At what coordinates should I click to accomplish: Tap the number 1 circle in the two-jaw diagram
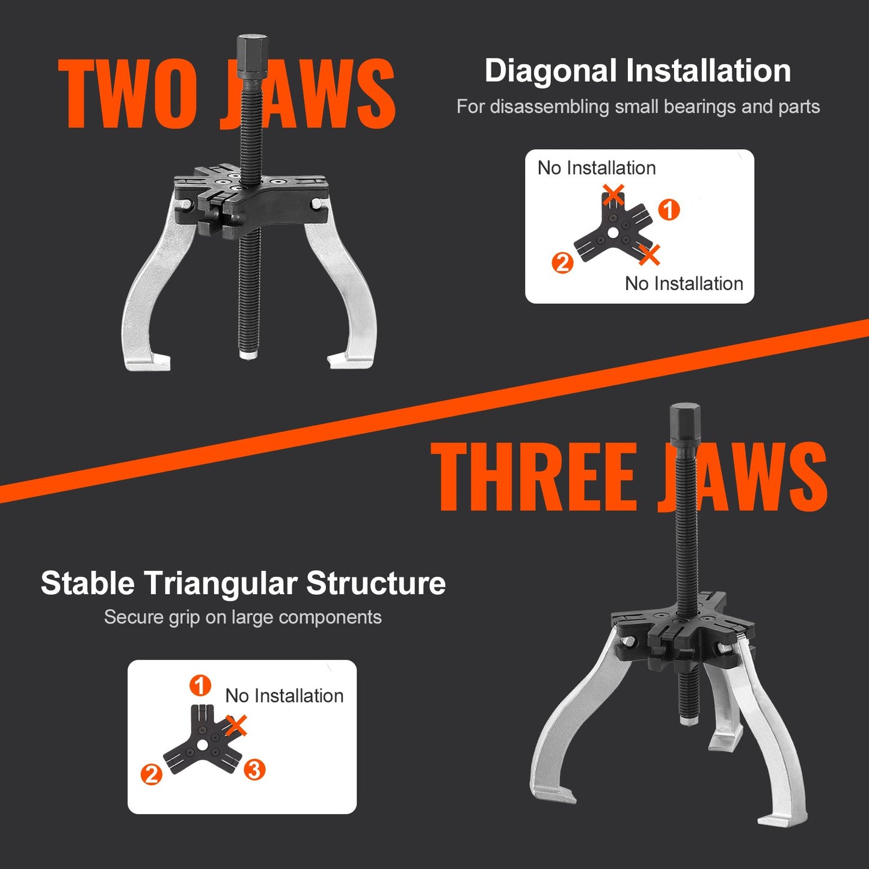[669, 210]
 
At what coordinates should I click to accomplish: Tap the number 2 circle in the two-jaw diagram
[562, 263]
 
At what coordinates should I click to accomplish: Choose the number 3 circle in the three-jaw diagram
[254, 769]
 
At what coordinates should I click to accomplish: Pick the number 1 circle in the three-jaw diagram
[200, 685]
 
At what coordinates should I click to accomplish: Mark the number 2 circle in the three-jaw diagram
[151, 774]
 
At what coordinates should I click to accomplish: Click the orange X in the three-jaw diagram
[237, 725]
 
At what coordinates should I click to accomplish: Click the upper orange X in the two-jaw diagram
[613, 195]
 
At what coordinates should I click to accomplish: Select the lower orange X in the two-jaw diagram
[649, 255]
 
